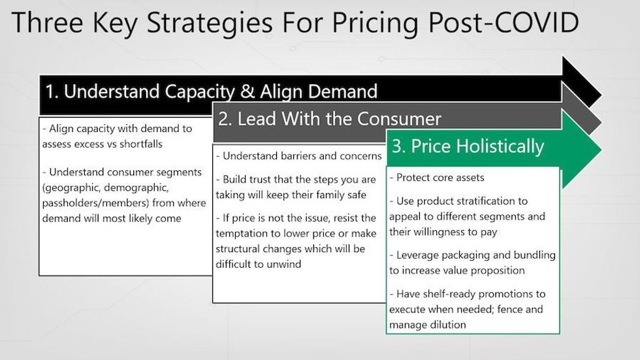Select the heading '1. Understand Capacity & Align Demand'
point(211,92)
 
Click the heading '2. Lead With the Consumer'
point(329,119)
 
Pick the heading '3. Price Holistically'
point(468,146)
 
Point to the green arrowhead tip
point(601,150)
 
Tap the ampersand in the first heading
point(247,91)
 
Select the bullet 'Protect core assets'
point(437,178)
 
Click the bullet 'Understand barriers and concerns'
point(298,156)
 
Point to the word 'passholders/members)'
point(95,203)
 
